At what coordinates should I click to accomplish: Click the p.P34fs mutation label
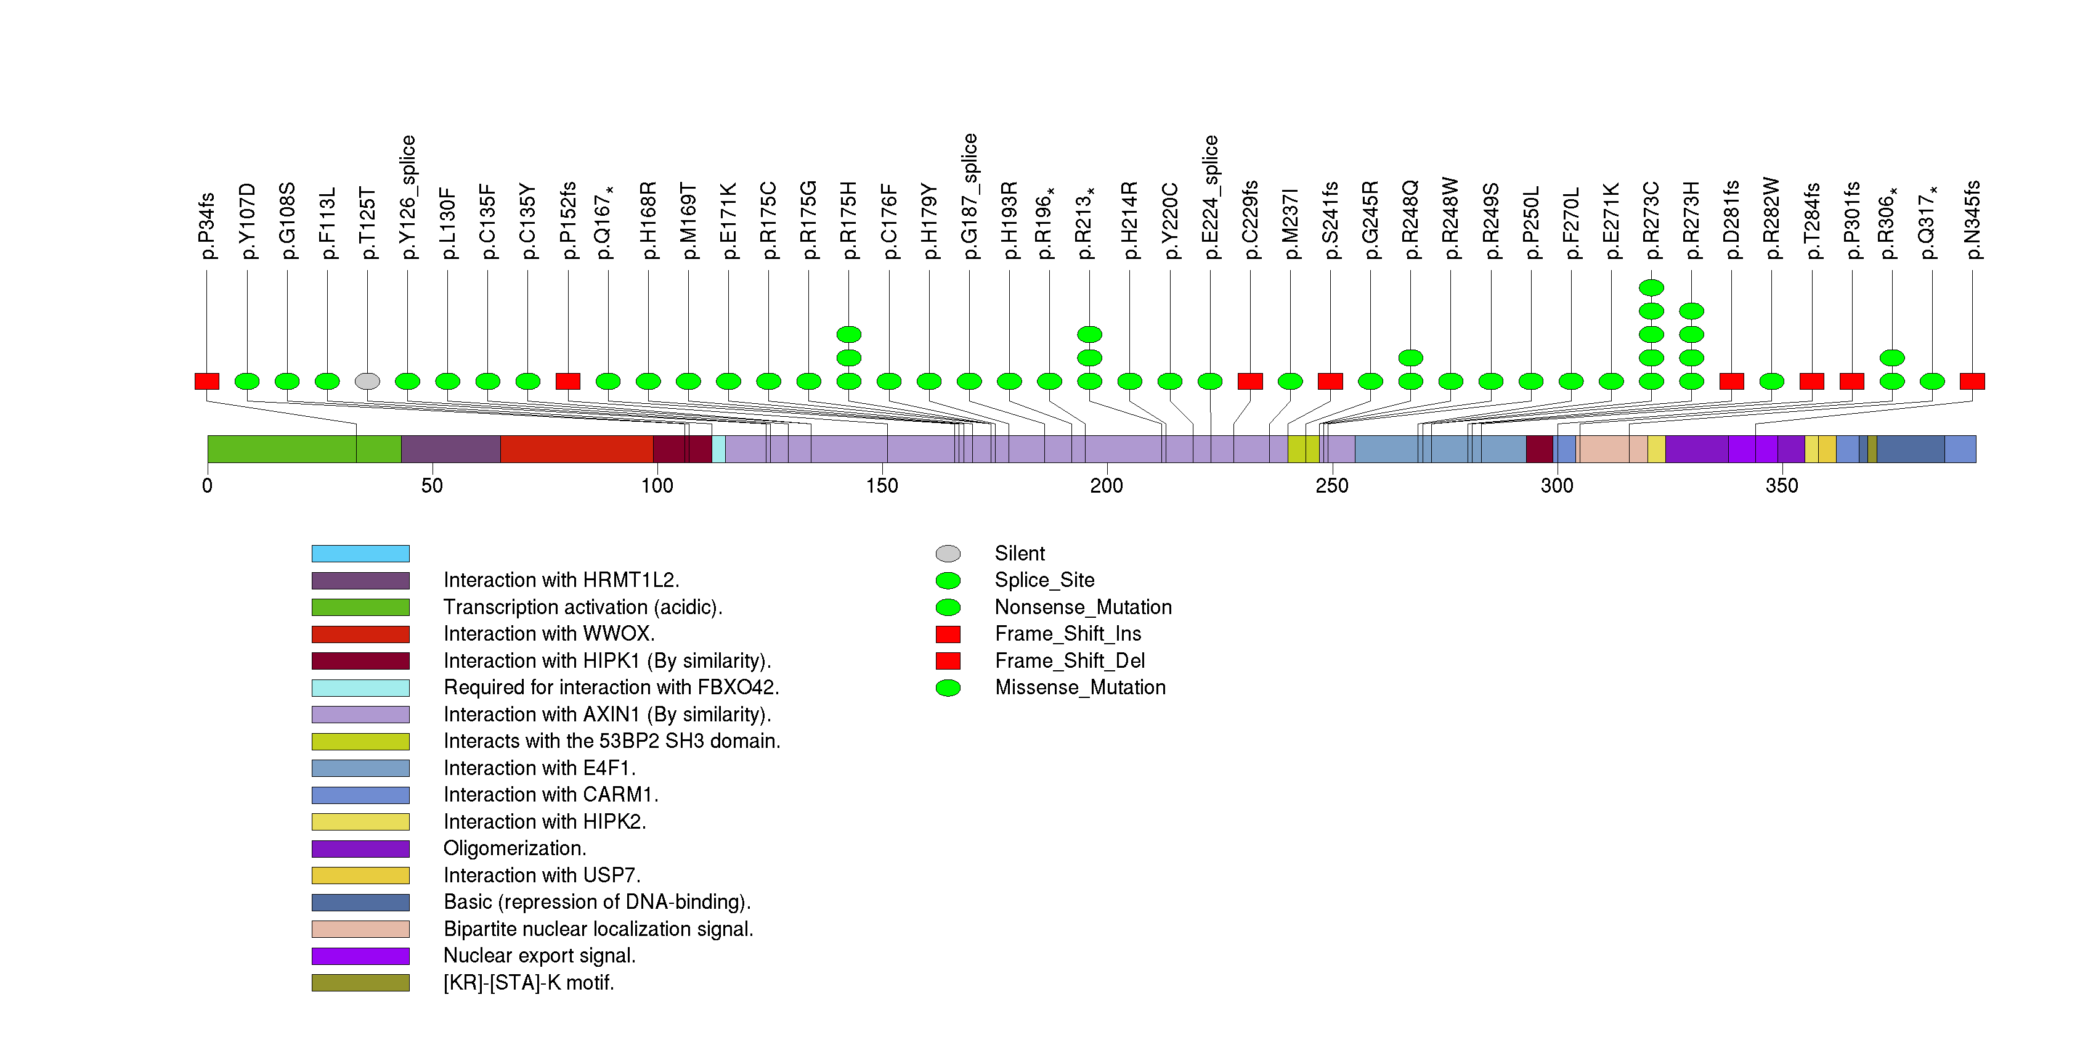207,226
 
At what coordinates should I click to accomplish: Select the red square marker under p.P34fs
207,381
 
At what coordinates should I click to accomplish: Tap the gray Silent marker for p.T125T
367,381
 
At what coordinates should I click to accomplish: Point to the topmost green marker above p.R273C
1651,287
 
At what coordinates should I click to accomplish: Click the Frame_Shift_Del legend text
1069,662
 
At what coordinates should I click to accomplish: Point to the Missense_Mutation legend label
1079,688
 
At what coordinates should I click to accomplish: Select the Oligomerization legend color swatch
360,849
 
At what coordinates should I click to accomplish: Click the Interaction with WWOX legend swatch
360,634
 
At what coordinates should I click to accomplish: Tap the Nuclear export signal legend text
539,956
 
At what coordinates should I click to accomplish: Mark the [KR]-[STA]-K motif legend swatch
360,983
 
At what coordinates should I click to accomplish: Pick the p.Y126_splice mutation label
408,197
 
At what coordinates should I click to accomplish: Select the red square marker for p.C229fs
1250,381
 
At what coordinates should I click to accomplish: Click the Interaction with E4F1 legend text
538,768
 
